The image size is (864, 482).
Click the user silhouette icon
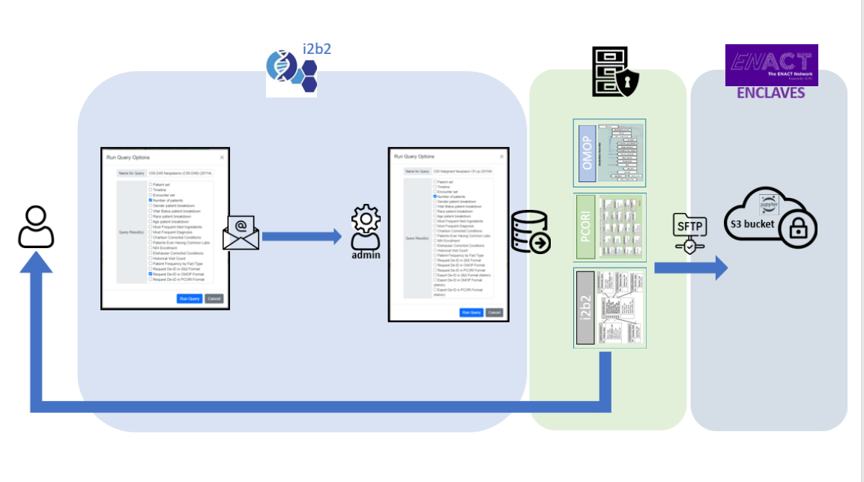click(36, 228)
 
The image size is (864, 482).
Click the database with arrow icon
click(530, 232)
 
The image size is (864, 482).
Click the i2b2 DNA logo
click(291, 70)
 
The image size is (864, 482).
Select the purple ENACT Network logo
click(772, 64)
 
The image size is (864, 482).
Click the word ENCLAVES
click(771, 93)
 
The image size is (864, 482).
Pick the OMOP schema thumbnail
click(609, 152)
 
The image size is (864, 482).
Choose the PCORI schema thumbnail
click(609, 227)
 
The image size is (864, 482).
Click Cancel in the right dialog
click(494, 313)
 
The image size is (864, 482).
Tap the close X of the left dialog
click(221, 157)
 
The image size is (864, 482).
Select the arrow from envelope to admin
click(300, 237)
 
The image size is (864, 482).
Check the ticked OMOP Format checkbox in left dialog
click(151, 274)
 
